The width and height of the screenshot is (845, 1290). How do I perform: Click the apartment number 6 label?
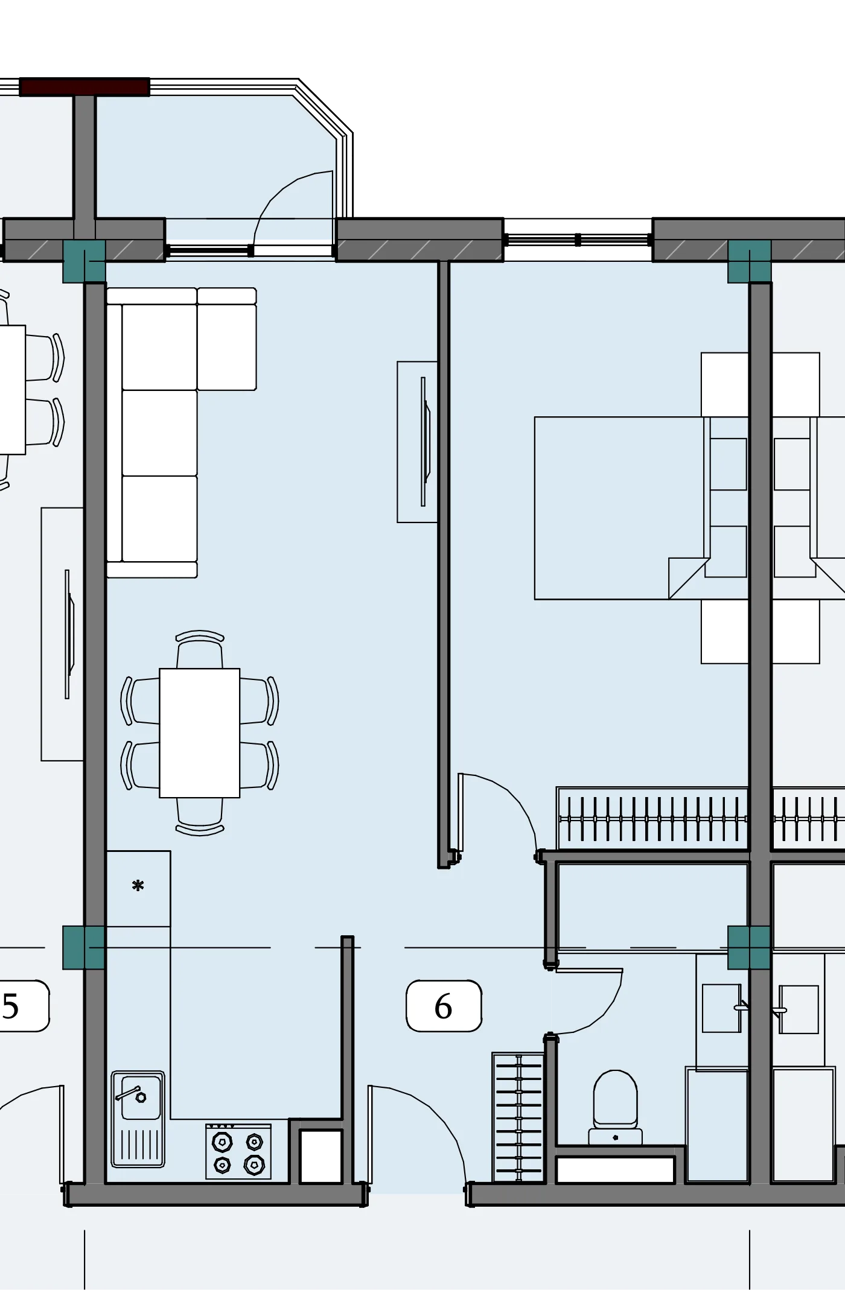(444, 1006)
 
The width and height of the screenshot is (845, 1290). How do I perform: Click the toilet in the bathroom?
(616, 1108)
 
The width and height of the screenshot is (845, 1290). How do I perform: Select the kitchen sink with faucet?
(138, 1119)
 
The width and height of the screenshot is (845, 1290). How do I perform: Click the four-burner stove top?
(238, 1151)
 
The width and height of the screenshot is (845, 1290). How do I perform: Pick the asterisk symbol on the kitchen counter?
(138, 886)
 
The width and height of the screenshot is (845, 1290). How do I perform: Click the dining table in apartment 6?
(200, 733)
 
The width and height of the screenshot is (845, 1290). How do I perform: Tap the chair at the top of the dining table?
(200, 649)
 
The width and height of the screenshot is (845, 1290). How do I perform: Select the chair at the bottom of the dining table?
(200, 816)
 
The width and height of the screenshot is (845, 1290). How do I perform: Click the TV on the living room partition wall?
(425, 442)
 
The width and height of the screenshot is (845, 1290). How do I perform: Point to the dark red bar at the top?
(84, 87)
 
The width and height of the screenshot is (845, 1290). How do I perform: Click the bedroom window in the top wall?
(578, 240)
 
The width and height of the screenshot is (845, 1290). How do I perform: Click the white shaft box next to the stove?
(321, 1156)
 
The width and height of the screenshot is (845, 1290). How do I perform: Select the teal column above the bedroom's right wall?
(749, 261)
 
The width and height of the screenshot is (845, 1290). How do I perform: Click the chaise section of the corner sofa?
(227, 339)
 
